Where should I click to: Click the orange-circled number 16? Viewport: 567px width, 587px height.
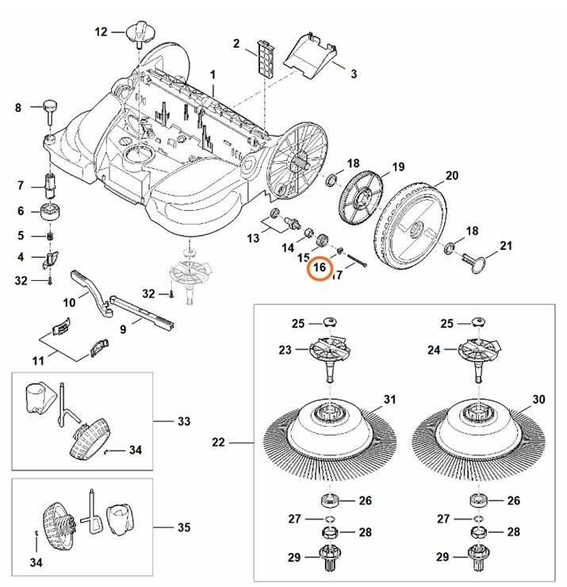point(320,268)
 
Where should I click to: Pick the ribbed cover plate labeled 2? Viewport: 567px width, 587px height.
point(262,56)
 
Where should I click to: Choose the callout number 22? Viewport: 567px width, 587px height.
point(220,441)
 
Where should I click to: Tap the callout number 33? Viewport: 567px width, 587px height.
point(184,420)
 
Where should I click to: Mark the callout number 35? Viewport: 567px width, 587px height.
point(184,527)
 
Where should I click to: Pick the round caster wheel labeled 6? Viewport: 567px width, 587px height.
point(51,212)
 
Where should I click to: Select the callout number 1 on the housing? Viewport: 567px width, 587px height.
point(213,74)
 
